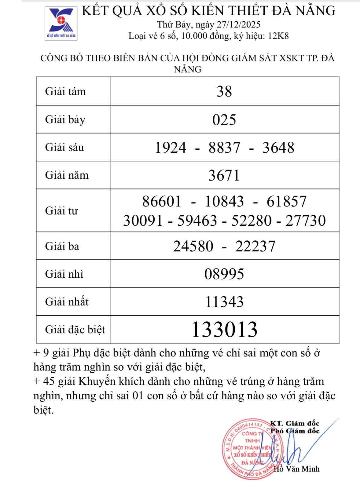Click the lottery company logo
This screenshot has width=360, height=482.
61,24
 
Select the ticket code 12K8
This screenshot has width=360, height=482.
278,36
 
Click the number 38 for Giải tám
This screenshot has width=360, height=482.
224,91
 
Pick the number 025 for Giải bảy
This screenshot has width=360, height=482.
224,119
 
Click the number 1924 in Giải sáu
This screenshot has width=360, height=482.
171,148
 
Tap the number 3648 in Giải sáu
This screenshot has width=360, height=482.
278,148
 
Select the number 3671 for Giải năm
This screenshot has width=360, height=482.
224,175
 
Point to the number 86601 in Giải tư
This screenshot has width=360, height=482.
162,202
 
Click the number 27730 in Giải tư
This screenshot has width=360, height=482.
306,221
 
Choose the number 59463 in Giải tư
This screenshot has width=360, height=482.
197,221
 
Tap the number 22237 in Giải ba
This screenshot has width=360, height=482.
255,246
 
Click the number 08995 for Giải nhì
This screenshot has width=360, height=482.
224,274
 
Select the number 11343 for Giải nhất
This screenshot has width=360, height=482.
224,302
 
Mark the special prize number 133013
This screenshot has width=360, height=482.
224,330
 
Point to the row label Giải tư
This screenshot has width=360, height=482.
61,211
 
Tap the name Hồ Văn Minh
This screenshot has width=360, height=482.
296,469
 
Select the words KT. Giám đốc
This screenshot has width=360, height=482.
295,423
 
